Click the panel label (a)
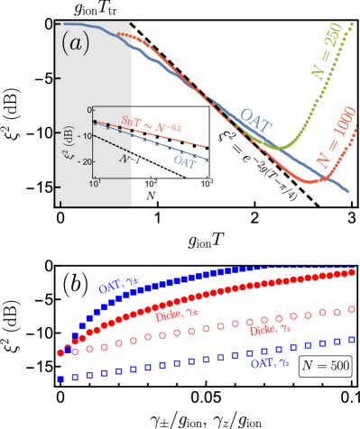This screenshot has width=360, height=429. click(75, 43)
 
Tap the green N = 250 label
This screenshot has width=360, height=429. click(328, 56)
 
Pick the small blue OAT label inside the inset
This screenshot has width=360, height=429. click(185, 161)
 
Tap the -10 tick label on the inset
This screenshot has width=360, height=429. click(85, 135)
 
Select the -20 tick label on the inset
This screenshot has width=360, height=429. click(85, 161)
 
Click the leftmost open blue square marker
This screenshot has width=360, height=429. click(60, 379)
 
